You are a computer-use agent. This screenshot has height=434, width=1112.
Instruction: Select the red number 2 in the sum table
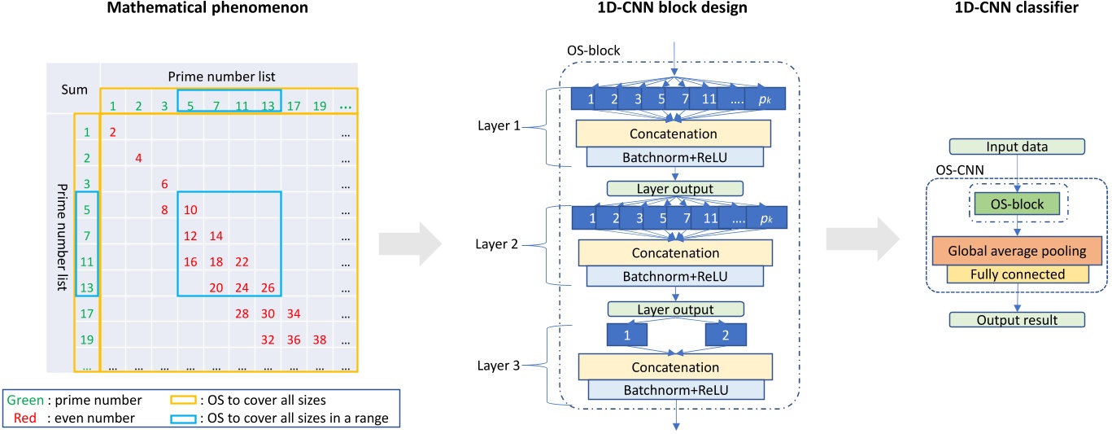pyautogui.click(x=113, y=132)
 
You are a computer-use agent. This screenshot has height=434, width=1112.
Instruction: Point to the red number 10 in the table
pyautogui.click(x=190, y=209)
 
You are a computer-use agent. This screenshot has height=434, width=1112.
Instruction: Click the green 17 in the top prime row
pyautogui.click(x=294, y=105)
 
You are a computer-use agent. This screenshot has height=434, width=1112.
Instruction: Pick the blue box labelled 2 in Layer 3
pyautogui.click(x=725, y=335)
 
